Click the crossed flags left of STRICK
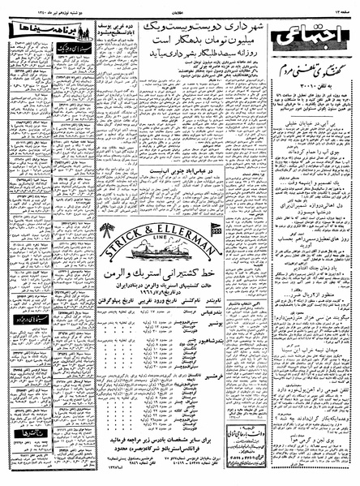tap(106, 232)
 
